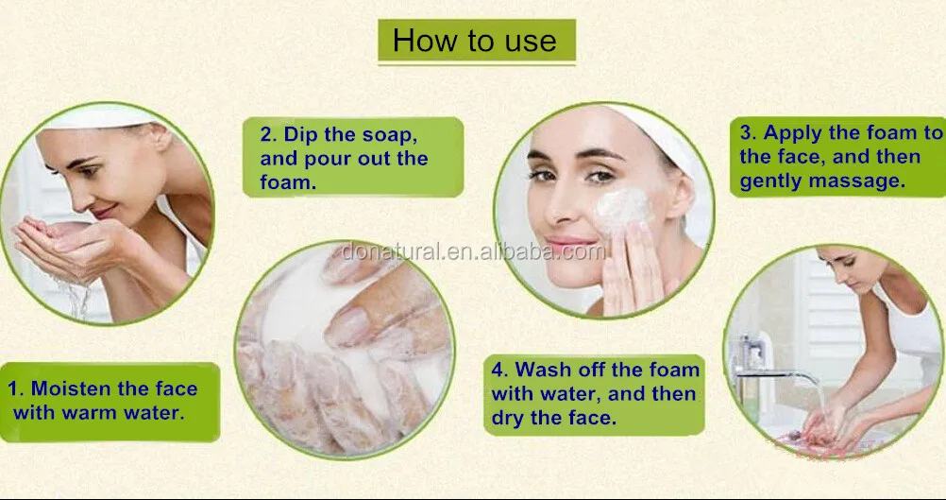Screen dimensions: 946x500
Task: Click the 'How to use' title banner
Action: click(x=477, y=41)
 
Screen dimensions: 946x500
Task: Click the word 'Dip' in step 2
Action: click(x=301, y=134)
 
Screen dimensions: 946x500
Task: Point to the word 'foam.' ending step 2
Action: click(x=288, y=181)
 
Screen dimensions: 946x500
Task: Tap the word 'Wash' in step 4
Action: click(x=542, y=370)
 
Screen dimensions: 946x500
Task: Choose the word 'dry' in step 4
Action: click(x=508, y=419)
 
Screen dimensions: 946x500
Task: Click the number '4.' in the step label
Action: click(x=499, y=370)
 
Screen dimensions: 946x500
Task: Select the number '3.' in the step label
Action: click(x=749, y=133)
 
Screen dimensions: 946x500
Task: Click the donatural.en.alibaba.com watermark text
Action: click(x=473, y=251)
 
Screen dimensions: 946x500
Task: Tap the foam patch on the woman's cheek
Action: click(x=623, y=208)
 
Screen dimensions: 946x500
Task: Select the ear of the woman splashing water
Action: click(x=160, y=137)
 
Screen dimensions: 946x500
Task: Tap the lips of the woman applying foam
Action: click(x=569, y=242)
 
